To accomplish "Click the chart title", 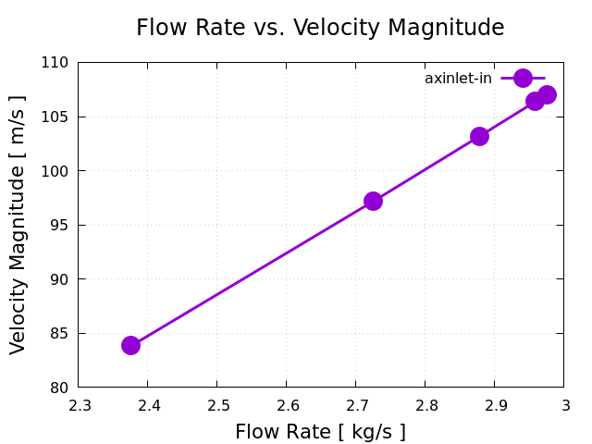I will coord(320,28).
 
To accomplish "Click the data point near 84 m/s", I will coord(130,345).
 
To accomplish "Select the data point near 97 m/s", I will coord(373,201).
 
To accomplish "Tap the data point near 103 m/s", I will coord(479,136).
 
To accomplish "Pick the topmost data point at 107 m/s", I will coord(547,94).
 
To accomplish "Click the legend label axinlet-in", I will coord(458,79).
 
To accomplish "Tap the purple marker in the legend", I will coord(523,79).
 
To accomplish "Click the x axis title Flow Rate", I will coord(320,432).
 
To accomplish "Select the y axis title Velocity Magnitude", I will coord(18,224).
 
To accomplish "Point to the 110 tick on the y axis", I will coord(56,63).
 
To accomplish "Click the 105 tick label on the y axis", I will coord(56,117).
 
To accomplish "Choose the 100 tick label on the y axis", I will coord(56,171).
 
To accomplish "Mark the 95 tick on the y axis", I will coord(60,225).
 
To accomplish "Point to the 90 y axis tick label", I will coord(60,279).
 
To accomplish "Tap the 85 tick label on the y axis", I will coord(60,333).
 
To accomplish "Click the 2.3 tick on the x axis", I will coord(79,405).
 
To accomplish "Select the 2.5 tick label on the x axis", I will coord(217,405).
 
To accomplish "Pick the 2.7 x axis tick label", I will coord(356,405).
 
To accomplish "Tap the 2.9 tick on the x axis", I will coord(495,405).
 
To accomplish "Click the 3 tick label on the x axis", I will coord(564,405).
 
